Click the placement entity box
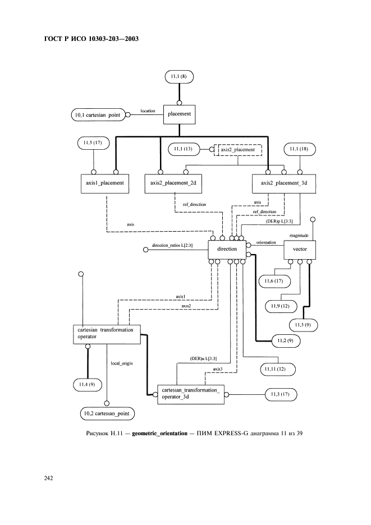point(180,114)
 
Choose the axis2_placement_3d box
point(284,183)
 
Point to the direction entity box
point(227,248)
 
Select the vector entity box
point(300,248)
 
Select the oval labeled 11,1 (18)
point(300,150)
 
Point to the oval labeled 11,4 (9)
point(87,384)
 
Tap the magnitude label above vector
point(299,236)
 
